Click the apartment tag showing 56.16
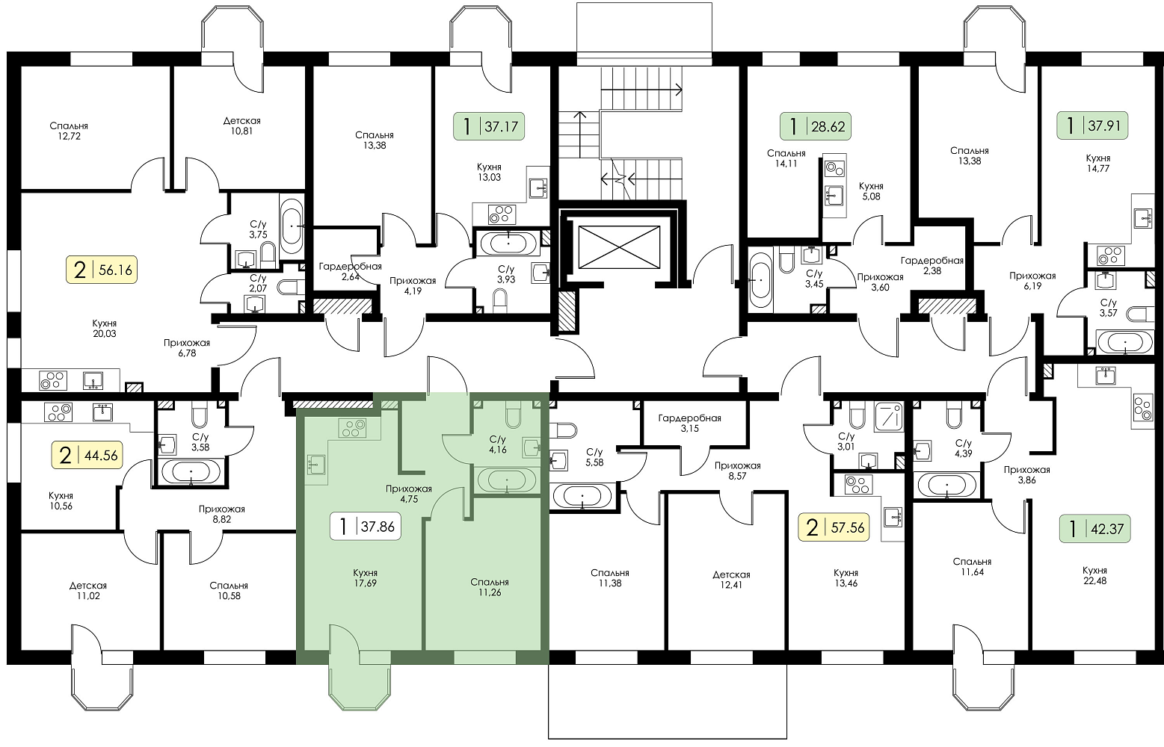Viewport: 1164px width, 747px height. point(102,270)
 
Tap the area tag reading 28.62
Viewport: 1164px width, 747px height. point(816,126)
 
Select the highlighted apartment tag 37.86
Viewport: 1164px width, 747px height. point(366,527)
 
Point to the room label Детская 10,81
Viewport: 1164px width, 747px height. point(241,125)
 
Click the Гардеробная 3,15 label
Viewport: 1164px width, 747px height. point(689,423)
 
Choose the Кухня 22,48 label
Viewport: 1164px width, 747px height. point(1094,575)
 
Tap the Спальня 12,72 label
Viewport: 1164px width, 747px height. point(69,131)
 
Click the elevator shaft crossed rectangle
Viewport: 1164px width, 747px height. point(619,247)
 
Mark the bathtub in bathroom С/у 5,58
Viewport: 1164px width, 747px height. point(582,496)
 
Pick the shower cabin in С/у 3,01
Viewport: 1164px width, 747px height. point(889,417)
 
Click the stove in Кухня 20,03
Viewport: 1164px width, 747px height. point(53,380)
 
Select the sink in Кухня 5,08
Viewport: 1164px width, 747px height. point(834,194)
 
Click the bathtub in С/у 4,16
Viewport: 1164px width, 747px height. point(506,480)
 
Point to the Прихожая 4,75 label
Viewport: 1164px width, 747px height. point(408,494)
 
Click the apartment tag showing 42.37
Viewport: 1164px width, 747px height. point(1095,530)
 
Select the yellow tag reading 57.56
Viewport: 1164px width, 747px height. point(834,528)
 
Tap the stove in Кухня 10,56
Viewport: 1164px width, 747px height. point(59,412)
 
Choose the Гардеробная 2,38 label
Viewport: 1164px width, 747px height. point(932,265)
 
